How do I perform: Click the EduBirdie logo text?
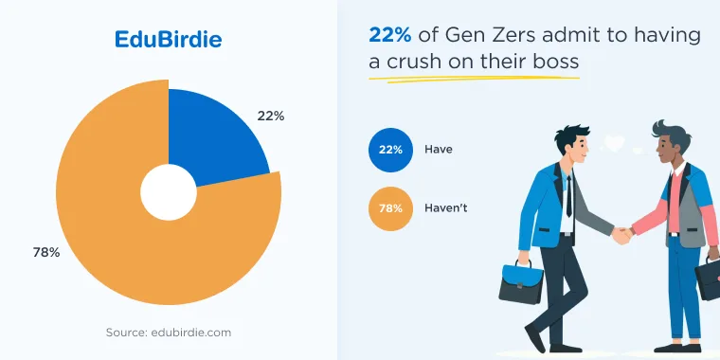[168, 40]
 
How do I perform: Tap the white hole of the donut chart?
[169, 192]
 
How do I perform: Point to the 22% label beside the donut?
[270, 117]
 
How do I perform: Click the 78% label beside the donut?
[45, 252]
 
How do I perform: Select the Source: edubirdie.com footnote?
[169, 332]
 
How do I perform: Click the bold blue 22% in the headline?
[390, 35]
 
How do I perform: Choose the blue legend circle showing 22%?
[390, 150]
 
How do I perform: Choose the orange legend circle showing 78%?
[390, 208]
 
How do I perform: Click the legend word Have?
[438, 150]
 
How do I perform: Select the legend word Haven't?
[445, 208]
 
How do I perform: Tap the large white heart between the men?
[615, 143]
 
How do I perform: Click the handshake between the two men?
[622, 235]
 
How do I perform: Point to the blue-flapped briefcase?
[521, 282]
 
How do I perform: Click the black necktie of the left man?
[569, 196]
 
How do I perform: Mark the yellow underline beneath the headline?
[474, 79]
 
